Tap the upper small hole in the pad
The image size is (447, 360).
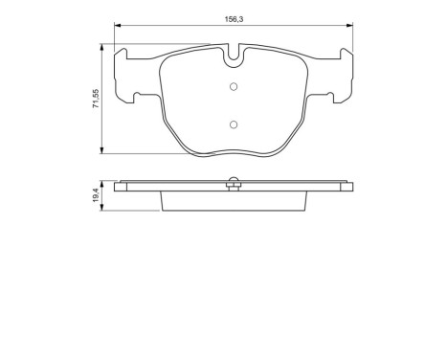233,89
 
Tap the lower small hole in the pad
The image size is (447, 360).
233,124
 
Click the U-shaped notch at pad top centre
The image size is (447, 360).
233,57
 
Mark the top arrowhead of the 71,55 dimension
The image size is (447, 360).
103,44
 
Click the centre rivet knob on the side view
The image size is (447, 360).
233,179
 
